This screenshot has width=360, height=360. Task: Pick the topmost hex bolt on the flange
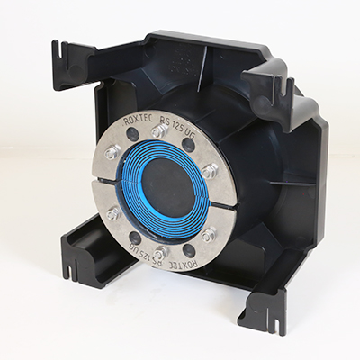tap(159, 131)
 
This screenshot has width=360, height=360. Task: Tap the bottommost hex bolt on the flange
tap(160, 253)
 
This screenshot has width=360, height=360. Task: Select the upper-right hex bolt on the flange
tap(209, 170)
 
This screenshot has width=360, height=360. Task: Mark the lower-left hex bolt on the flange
tap(113, 214)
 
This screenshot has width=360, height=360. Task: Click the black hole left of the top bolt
tap(132, 135)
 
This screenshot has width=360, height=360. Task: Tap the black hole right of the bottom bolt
tap(188, 251)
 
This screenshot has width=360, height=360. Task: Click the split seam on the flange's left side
tap(102, 182)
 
